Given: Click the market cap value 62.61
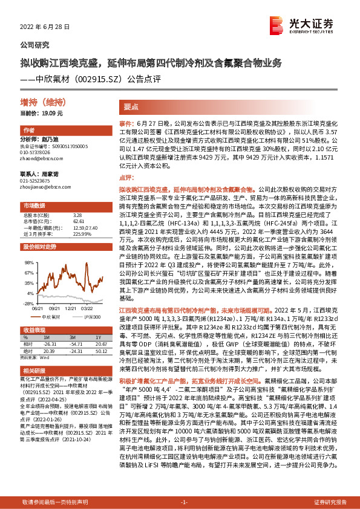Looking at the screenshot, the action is (78, 221).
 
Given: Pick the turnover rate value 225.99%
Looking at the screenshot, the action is (80, 233).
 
